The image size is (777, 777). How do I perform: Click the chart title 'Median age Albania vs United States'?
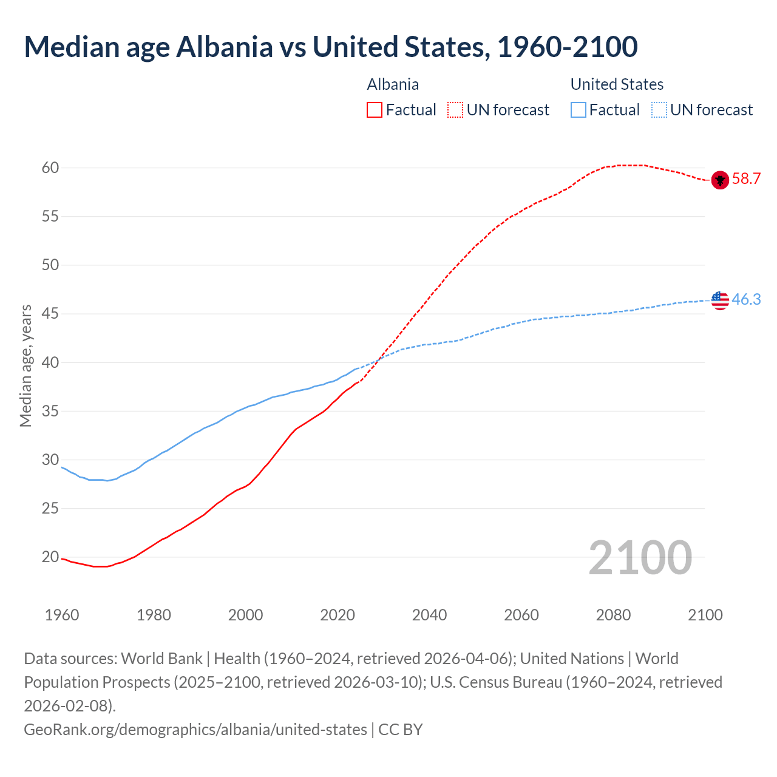[x=331, y=47]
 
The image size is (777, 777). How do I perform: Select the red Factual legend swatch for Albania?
[x=375, y=110]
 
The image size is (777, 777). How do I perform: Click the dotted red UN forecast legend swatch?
[x=455, y=110]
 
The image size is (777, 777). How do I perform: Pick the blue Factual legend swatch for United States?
[x=579, y=110]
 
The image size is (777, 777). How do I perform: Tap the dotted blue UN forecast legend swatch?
[x=659, y=110]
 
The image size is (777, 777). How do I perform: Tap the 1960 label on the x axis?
[x=62, y=615]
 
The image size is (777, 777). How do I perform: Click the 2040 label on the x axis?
[x=429, y=615]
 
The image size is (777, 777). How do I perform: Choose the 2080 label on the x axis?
[x=613, y=615]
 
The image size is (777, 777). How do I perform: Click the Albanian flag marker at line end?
[x=720, y=180]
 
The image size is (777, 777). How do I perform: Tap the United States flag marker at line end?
[x=720, y=300]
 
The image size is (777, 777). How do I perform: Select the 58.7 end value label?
[x=746, y=178]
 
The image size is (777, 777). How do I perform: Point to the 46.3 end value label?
[x=746, y=299]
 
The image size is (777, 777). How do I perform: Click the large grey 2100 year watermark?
[x=640, y=558]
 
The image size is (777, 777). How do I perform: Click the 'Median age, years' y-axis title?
[x=25, y=366]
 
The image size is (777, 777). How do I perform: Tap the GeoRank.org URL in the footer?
[x=195, y=729]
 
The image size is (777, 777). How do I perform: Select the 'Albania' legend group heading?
[x=393, y=84]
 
